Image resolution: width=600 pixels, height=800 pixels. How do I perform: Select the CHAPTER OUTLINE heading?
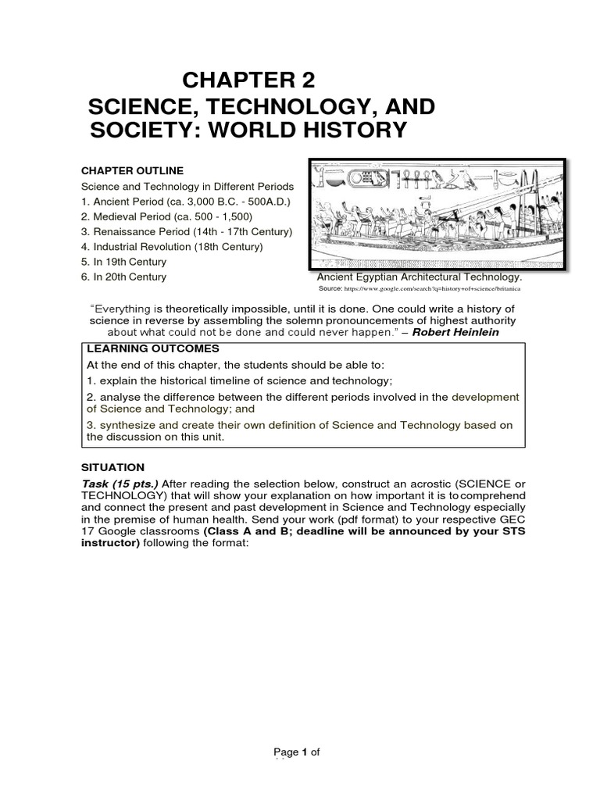tap(133, 170)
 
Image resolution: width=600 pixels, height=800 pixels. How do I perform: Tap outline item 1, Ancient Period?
tap(174, 202)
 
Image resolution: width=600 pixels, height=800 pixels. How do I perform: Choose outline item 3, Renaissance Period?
tap(187, 232)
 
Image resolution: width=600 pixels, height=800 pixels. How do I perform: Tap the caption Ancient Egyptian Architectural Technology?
tap(419, 277)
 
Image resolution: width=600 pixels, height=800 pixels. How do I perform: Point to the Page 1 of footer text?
tap(297, 752)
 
